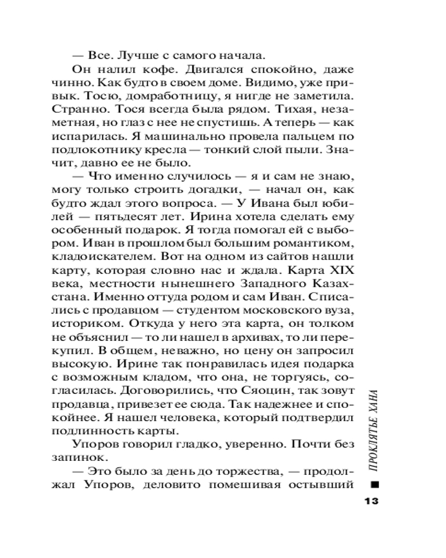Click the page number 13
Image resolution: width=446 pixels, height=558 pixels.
tap(371, 501)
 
